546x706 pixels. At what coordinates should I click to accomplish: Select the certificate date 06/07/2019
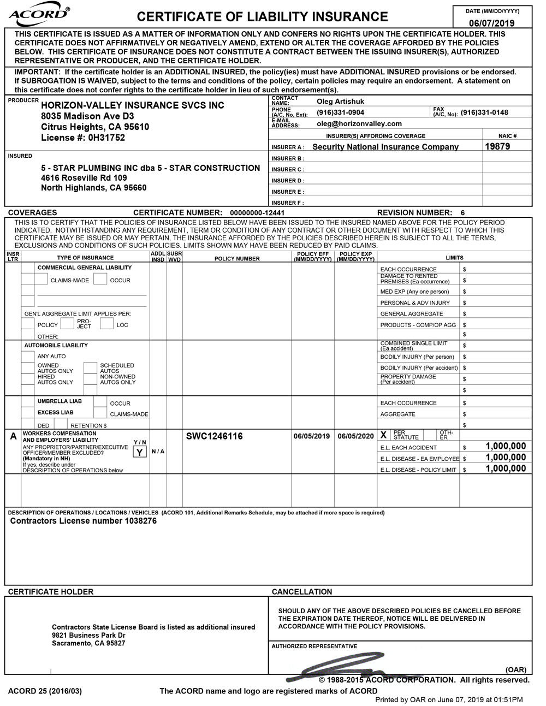pos(492,23)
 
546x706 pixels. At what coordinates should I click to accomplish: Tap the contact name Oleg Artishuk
pos(340,101)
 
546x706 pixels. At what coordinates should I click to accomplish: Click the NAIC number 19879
pos(497,146)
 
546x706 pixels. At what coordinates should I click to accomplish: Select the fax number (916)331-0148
pos(484,112)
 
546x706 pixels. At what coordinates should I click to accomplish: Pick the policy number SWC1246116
pos(214,436)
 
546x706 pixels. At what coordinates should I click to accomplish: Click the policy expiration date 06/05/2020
pos(355,436)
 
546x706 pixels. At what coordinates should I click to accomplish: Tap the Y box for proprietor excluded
pos(140,452)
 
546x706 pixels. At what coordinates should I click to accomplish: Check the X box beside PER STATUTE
pos(383,435)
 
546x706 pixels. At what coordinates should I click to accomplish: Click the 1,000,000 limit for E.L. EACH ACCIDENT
pos(506,447)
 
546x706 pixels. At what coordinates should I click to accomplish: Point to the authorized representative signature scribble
pos(339,671)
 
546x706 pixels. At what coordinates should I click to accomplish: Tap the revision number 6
pos(462,212)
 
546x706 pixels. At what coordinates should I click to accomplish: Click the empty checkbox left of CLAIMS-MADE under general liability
pos(41,279)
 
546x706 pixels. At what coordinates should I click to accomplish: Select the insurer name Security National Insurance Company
pos(385,147)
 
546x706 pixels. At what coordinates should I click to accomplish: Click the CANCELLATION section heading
pos(301,592)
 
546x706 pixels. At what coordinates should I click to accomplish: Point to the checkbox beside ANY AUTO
pos(28,357)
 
